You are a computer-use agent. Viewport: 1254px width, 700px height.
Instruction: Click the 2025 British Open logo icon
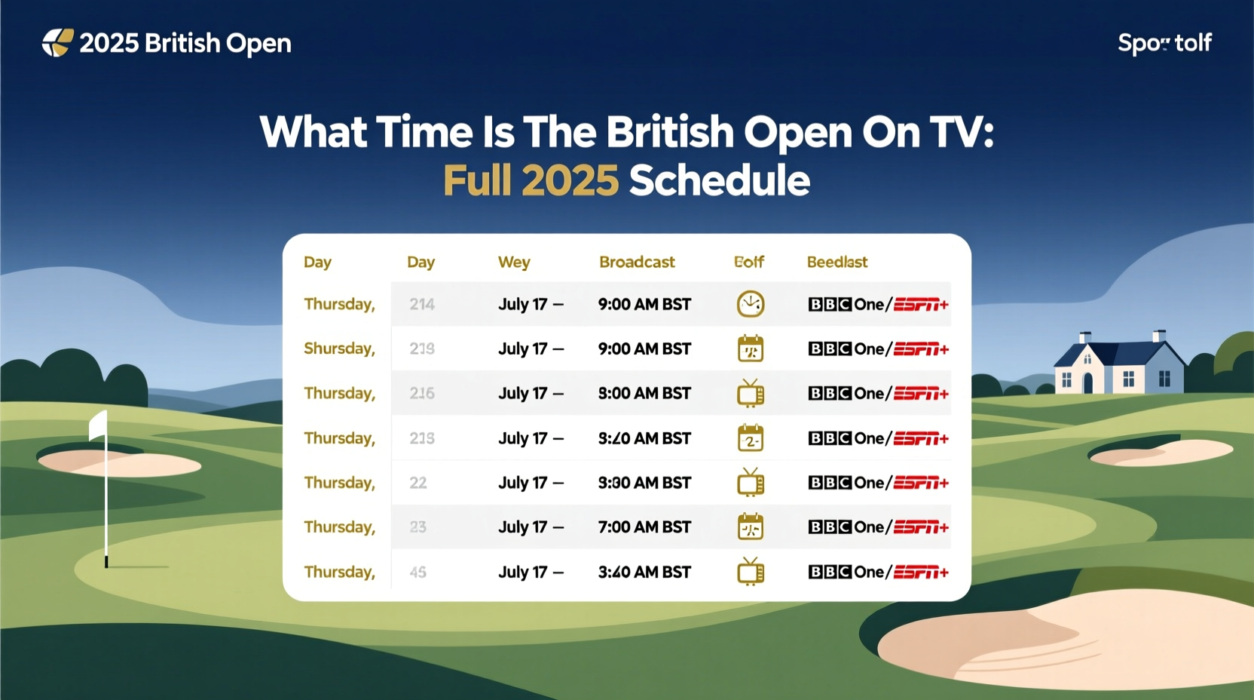click(x=57, y=43)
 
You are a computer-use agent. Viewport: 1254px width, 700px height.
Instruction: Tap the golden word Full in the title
click(x=476, y=181)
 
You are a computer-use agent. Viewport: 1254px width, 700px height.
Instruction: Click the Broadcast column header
click(x=637, y=262)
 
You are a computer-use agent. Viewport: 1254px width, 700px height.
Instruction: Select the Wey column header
click(x=514, y=262)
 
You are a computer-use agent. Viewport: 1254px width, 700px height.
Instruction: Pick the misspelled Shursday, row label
click(x=339, y=348)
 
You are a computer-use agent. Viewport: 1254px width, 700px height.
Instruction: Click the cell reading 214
click(x=422, y=305)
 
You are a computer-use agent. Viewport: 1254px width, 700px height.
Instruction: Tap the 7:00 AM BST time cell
click(x=644, y=527)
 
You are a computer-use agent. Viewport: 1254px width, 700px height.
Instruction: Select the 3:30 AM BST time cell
click(x=644, y=483)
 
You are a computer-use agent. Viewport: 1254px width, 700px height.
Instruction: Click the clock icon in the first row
click(x=751, y=304)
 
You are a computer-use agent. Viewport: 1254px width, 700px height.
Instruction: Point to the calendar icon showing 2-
click(x=751, y=438)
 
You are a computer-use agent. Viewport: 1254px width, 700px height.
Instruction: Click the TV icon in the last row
click(x=751, y=572)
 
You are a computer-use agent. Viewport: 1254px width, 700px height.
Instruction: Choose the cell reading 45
click(x=418, y=573)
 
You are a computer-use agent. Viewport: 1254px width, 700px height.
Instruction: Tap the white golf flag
click(x=99, y=425)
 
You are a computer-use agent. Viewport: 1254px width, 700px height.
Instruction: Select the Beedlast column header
click(x=837, y=262)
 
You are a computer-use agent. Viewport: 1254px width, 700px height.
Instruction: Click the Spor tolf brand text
click(x=1164, y=43)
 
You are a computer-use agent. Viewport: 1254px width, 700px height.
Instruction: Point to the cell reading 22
click(x=418, y=483)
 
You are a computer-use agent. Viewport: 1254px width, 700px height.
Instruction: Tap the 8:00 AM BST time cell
click(x=644, y=394)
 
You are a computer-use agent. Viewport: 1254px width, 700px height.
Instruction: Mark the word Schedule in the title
click(x=719, y=181)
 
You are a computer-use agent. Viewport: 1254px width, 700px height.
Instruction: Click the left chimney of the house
click(x=1085, y=337)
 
